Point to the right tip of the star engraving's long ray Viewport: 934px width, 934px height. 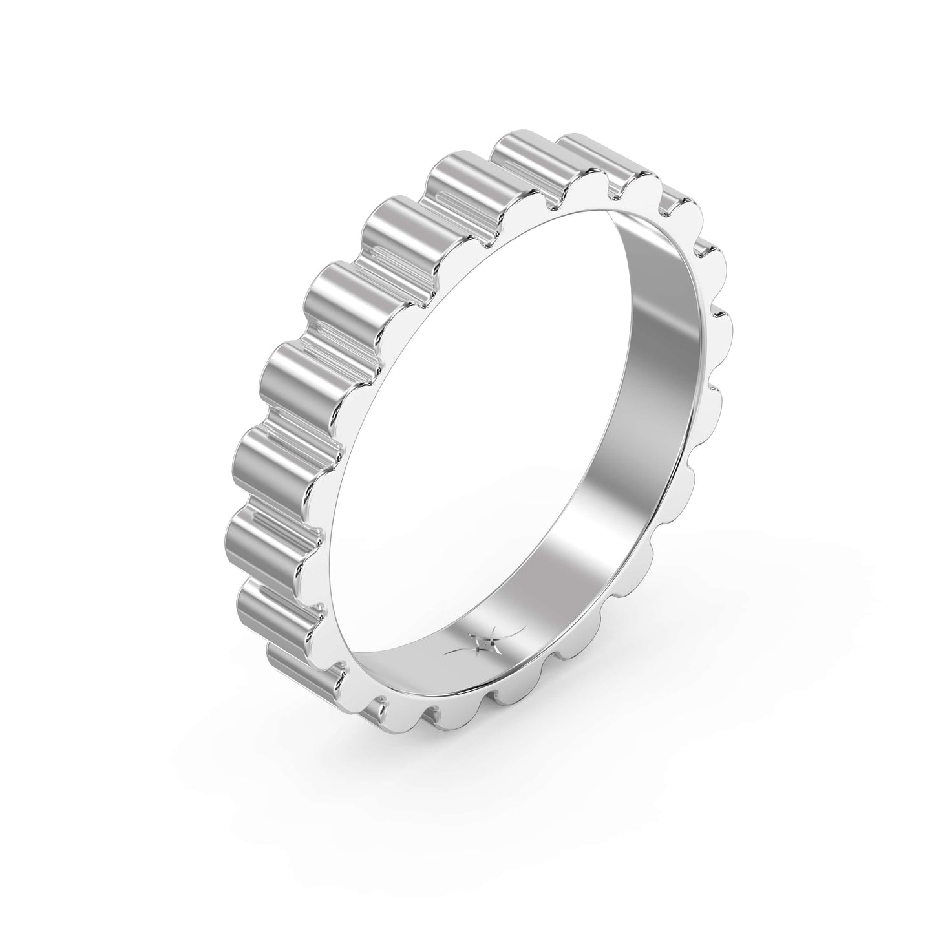pos(525,628)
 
